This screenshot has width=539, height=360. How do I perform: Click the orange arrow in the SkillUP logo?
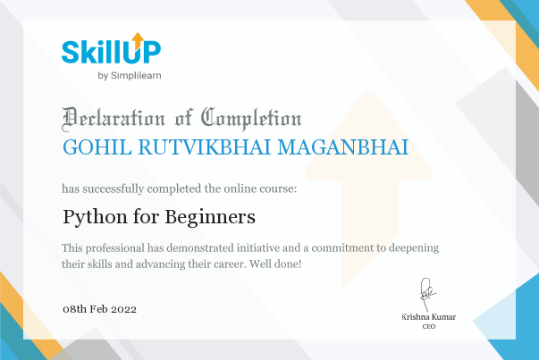138,41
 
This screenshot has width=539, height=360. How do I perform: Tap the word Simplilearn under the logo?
136,76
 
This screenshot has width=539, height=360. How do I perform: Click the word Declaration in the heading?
114,119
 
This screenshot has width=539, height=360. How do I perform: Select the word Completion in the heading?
251,119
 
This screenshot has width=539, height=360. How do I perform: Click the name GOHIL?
97,147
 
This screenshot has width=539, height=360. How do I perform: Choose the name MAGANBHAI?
342,147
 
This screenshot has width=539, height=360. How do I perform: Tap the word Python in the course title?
95,217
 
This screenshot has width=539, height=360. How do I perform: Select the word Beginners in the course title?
210,217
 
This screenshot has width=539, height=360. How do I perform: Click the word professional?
115,248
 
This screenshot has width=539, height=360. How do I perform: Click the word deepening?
414,248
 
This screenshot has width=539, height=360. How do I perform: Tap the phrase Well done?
275,264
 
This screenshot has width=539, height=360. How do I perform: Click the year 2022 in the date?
123,309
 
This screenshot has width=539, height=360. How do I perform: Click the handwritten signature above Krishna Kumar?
427,294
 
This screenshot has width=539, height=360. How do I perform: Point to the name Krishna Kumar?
429,317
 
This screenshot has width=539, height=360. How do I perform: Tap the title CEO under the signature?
429,326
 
